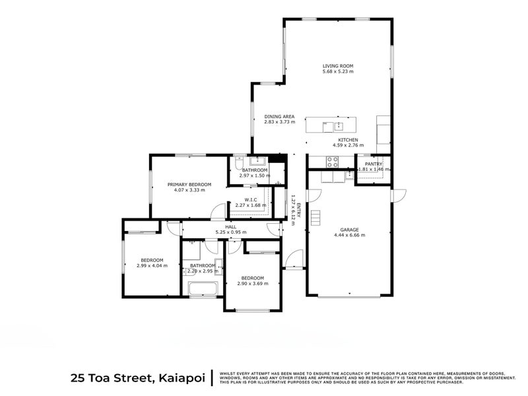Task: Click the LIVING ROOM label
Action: click(338, 66)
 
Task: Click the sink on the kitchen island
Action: click(339, 125)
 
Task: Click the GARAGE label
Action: click(349, 229)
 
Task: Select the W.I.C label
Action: click(250, 199)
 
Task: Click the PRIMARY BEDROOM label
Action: click(189, 184)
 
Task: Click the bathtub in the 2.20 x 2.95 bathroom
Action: click(202, 288)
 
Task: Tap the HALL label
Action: click(230, 226)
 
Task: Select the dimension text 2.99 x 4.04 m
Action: click(152, 265)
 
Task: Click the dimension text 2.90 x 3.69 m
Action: click(252, 283)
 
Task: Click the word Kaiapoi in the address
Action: click(182, 378)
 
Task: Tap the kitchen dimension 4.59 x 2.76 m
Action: click(348, 146)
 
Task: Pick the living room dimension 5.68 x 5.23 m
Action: click(338, 72)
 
